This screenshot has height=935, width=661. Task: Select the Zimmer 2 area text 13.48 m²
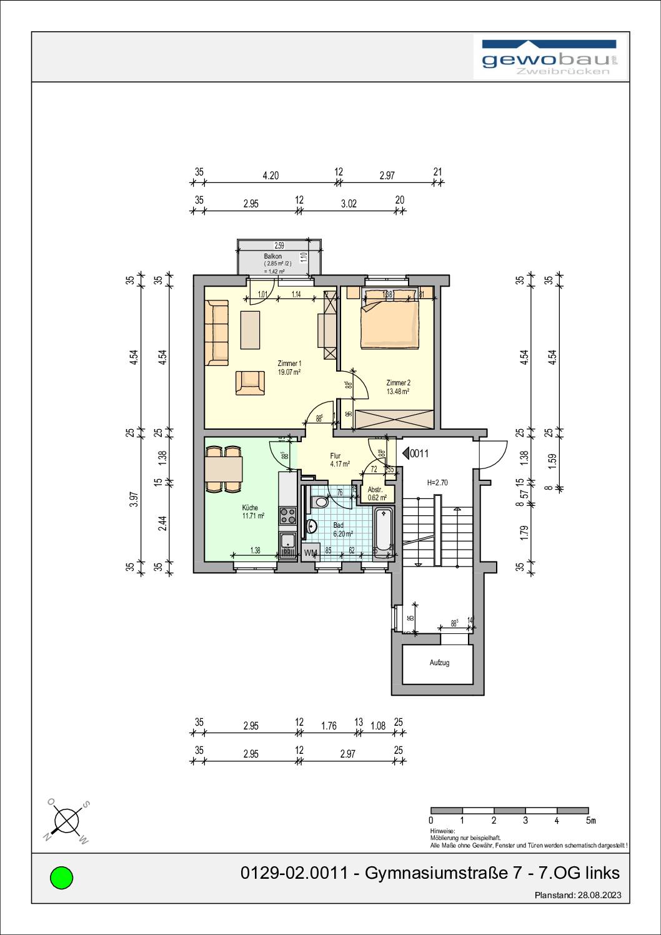[397, 392]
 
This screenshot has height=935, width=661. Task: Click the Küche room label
[250, 508]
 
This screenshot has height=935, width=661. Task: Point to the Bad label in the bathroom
[338, 525]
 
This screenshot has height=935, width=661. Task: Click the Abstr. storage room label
[375, 490]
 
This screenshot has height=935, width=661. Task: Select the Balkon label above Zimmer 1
[273, 256]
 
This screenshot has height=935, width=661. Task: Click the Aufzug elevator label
[439, 663]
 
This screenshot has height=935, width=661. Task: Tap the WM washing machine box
[311, 553]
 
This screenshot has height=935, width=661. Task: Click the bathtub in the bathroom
[382, 531]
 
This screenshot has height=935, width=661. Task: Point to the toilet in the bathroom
[321, 501]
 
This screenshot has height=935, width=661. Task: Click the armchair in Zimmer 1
[249, 382]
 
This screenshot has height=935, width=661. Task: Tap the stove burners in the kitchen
[288, 515]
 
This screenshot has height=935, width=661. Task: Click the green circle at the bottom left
[61, 878]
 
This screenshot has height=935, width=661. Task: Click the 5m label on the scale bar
[590, 820]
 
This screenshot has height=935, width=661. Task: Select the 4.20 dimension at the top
[270, 176]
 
